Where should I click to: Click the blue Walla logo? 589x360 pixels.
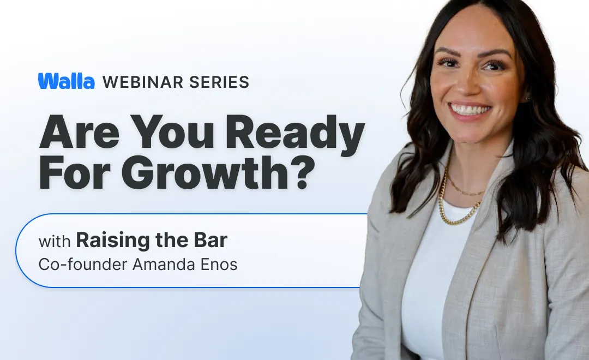(66, 81)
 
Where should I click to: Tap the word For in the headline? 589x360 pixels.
(79, 172)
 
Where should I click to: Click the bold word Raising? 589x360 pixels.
(111, 240)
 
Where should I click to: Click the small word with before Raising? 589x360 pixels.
(55, 241)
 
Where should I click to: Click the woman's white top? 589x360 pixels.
(431, 273)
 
